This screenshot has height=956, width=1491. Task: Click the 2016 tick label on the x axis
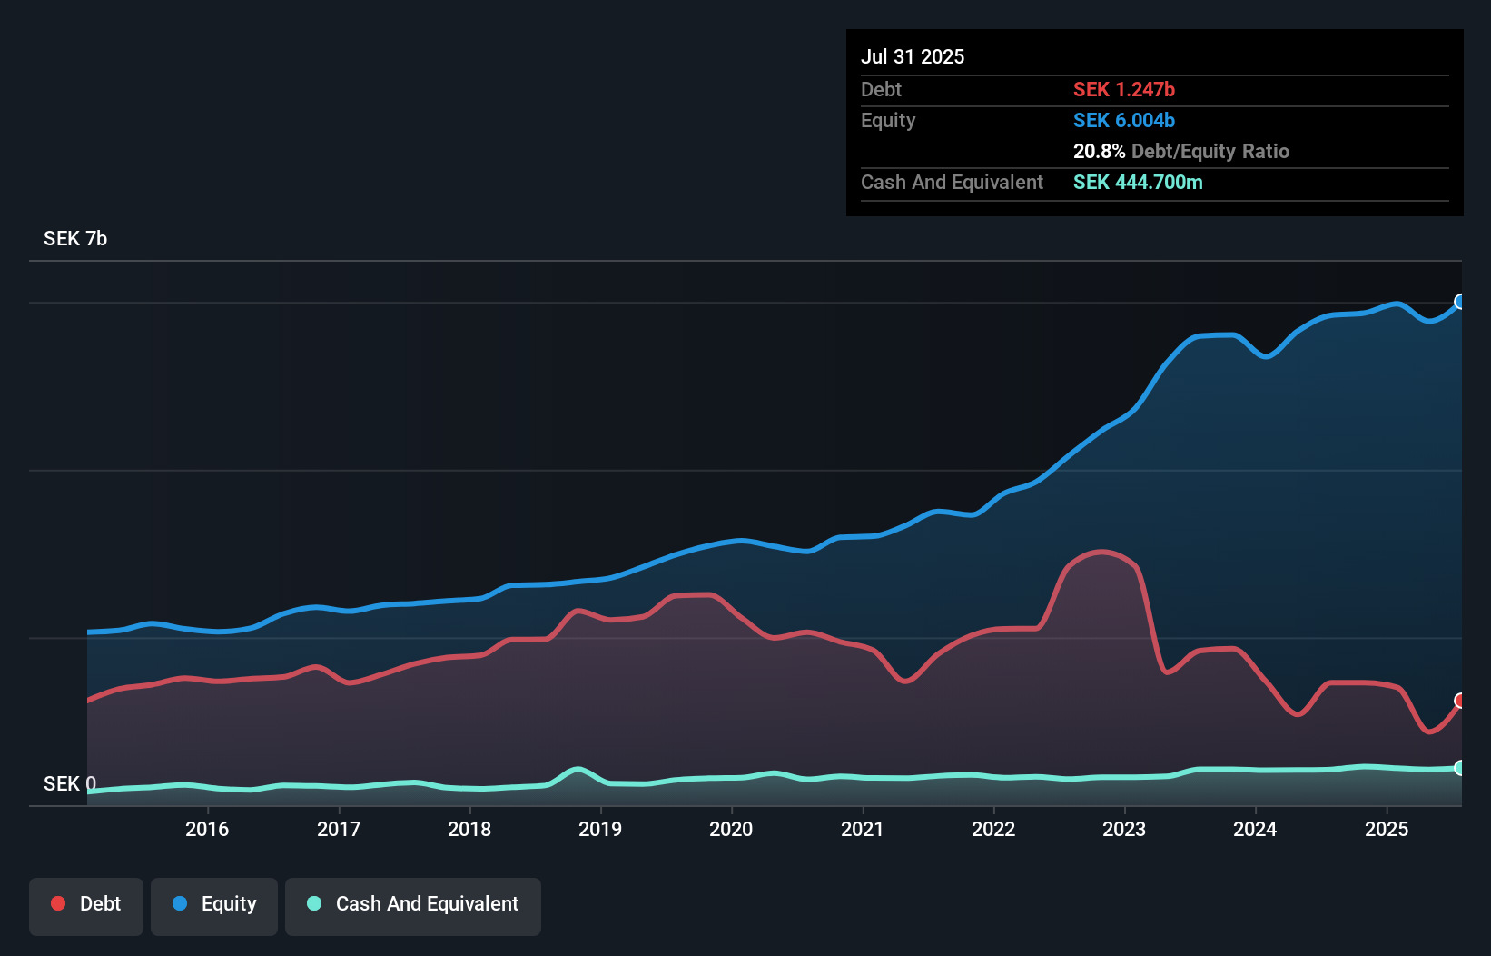coord(207,829)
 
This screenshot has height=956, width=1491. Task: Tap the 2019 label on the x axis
coord(600,829)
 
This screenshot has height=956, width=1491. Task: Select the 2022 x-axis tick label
coord(993,829)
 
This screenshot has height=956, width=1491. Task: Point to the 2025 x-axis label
coord(1387,829)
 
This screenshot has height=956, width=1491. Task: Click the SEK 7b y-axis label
coord(75,239)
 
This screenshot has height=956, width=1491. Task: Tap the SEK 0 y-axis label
coord(69,783)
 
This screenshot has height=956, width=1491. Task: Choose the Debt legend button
coord(86,904)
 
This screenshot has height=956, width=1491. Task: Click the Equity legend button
coord(214,904)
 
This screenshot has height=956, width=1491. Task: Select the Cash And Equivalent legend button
coord(413,904)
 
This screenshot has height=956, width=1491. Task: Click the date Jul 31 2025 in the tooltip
coord(913,56)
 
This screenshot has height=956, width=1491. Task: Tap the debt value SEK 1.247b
coord(1123,89)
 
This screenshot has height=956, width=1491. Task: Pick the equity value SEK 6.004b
coord(1123,120)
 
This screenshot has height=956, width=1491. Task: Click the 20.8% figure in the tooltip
coord(1099,151)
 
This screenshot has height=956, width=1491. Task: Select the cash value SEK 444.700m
coord(1137,182)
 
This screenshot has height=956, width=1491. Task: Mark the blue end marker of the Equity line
coord(1460,302)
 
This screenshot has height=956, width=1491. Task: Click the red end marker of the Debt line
coord(1460,701)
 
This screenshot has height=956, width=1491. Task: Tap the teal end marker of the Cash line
coord(1460,768)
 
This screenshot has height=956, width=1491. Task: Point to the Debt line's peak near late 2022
coord(1101,552)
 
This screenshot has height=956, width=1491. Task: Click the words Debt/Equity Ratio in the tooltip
coord(1210,151)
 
